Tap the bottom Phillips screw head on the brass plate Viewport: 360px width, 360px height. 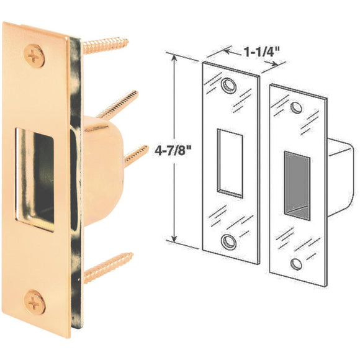coord(33,302)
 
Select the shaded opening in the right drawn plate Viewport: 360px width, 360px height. coord(297,184)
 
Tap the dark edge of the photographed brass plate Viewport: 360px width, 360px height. coord(78,186)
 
